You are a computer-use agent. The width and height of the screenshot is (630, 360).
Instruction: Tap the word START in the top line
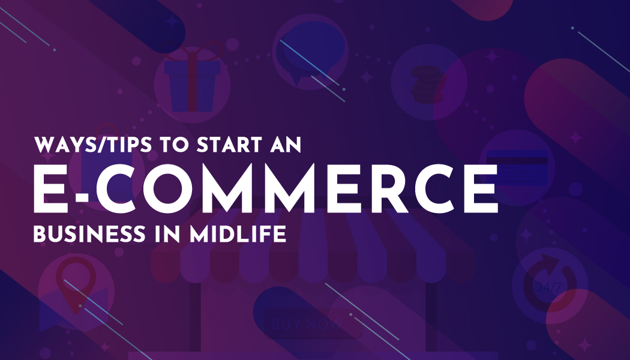pyautogui.click(x=229, y=145)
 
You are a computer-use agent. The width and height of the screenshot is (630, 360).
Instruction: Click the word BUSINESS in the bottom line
pyautogui.click(x=89, y=234)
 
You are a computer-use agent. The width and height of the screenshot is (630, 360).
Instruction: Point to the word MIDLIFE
pyautogui.click(x=238, y=234)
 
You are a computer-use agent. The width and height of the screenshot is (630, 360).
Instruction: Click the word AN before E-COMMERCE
pyautogui.click(x=286, y=145)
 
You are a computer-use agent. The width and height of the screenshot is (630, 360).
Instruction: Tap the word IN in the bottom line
pyautogui.click(x=167, y=234)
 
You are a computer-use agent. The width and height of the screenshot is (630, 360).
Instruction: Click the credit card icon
pyautogui.click(x=517, y=167)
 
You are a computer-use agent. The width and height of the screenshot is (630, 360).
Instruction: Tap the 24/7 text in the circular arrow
pyautogui.click(x=549, y=287)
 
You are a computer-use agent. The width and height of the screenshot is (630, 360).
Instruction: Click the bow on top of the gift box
pyautogui.click(x=192, y=51)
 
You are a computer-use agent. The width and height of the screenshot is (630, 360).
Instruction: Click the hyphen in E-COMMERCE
pyautogui.click(x=82, y=197)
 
